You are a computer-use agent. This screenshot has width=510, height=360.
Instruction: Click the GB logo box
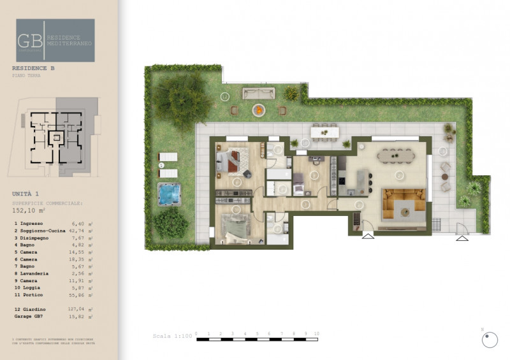point(55,40)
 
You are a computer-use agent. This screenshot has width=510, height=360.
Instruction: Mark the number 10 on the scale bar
point(316,333)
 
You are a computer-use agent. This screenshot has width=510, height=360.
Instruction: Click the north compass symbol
point(490,340)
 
